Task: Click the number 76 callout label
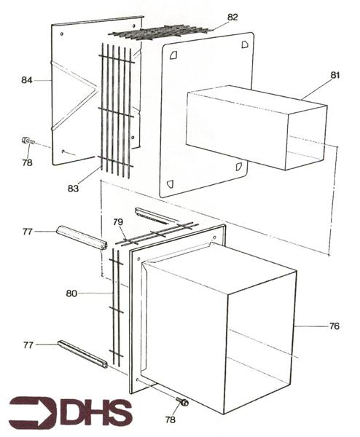pyautogui.click(x=334, y=326)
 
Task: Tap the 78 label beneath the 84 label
pyautogui.click(x=27, y=162)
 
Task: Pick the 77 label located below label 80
pyautogui.click(x=27, y=344)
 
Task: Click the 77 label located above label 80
pyautogui.click(x=27, y=232)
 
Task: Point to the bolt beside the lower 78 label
pyautogui.click(x=181, y=401)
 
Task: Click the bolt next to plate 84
pyautogui.click(x=26, y=141)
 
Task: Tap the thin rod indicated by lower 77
pyautogui.click(x=82, y=353)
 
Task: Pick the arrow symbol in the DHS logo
pyautogui.click(x=33, y=412)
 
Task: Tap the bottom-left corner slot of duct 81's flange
pyautogui.click(x=170, y=184)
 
